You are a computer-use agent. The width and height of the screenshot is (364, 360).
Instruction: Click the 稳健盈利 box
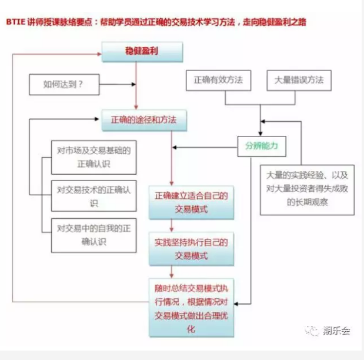[142, 52]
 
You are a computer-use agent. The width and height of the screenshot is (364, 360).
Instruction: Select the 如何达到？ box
[64, 85]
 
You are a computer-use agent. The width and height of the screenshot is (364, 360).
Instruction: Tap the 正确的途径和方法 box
[144, 121]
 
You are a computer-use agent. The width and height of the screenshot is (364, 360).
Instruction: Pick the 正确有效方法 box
[218, 81]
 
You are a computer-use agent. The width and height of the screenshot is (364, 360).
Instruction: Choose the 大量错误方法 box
[299, 81]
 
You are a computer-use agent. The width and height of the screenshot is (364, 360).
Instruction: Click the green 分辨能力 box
[262, 146]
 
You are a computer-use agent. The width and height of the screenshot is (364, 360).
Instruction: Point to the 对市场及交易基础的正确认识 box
[93, 157]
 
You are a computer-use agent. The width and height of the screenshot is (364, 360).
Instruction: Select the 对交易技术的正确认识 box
[93, 196]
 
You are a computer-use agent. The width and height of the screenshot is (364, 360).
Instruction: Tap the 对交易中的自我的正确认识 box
[93, 235]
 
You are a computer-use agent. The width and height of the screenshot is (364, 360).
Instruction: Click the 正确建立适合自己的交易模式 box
[191, 202]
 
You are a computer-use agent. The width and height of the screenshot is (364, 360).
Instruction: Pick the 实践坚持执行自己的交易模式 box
[191, 249]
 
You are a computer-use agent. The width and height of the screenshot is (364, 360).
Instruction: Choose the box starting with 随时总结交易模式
[191, 308]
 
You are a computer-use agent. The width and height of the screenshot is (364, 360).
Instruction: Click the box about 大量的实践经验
[307, 190]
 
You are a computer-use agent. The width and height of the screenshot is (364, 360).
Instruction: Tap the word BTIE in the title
[15, 22]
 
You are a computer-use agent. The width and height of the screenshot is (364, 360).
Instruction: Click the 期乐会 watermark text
[336, 331]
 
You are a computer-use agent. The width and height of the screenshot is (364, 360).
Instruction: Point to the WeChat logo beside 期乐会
[312, 331]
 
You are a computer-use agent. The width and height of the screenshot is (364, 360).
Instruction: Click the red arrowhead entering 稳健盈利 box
[99, 54]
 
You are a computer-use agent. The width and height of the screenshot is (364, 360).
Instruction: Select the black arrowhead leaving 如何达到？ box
[133, 84]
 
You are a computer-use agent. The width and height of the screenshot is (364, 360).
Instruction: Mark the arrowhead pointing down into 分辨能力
[261, 134]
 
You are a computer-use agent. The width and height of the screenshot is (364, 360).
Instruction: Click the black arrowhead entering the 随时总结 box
[236, 304]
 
